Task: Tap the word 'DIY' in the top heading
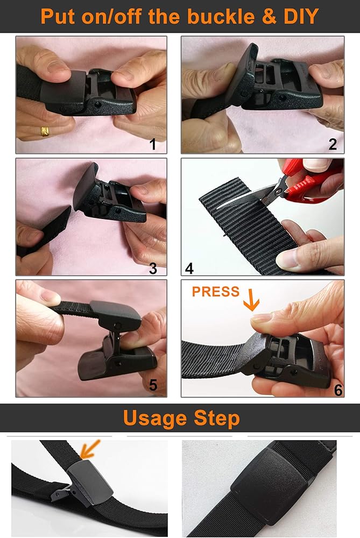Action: (301, 16)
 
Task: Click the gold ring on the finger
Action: (45, 131)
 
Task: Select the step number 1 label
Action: (153, 144)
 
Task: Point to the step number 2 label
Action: (333, 144)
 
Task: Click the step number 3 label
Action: (153, 268)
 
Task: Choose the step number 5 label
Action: (153, 385)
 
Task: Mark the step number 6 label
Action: (338, 390)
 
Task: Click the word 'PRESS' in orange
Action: (216, 292)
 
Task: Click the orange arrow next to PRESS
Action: (251, 300)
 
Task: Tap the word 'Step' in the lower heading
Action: (216, 419)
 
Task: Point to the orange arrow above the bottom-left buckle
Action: (90, 449)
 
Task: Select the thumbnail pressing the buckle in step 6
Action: (260, 318)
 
